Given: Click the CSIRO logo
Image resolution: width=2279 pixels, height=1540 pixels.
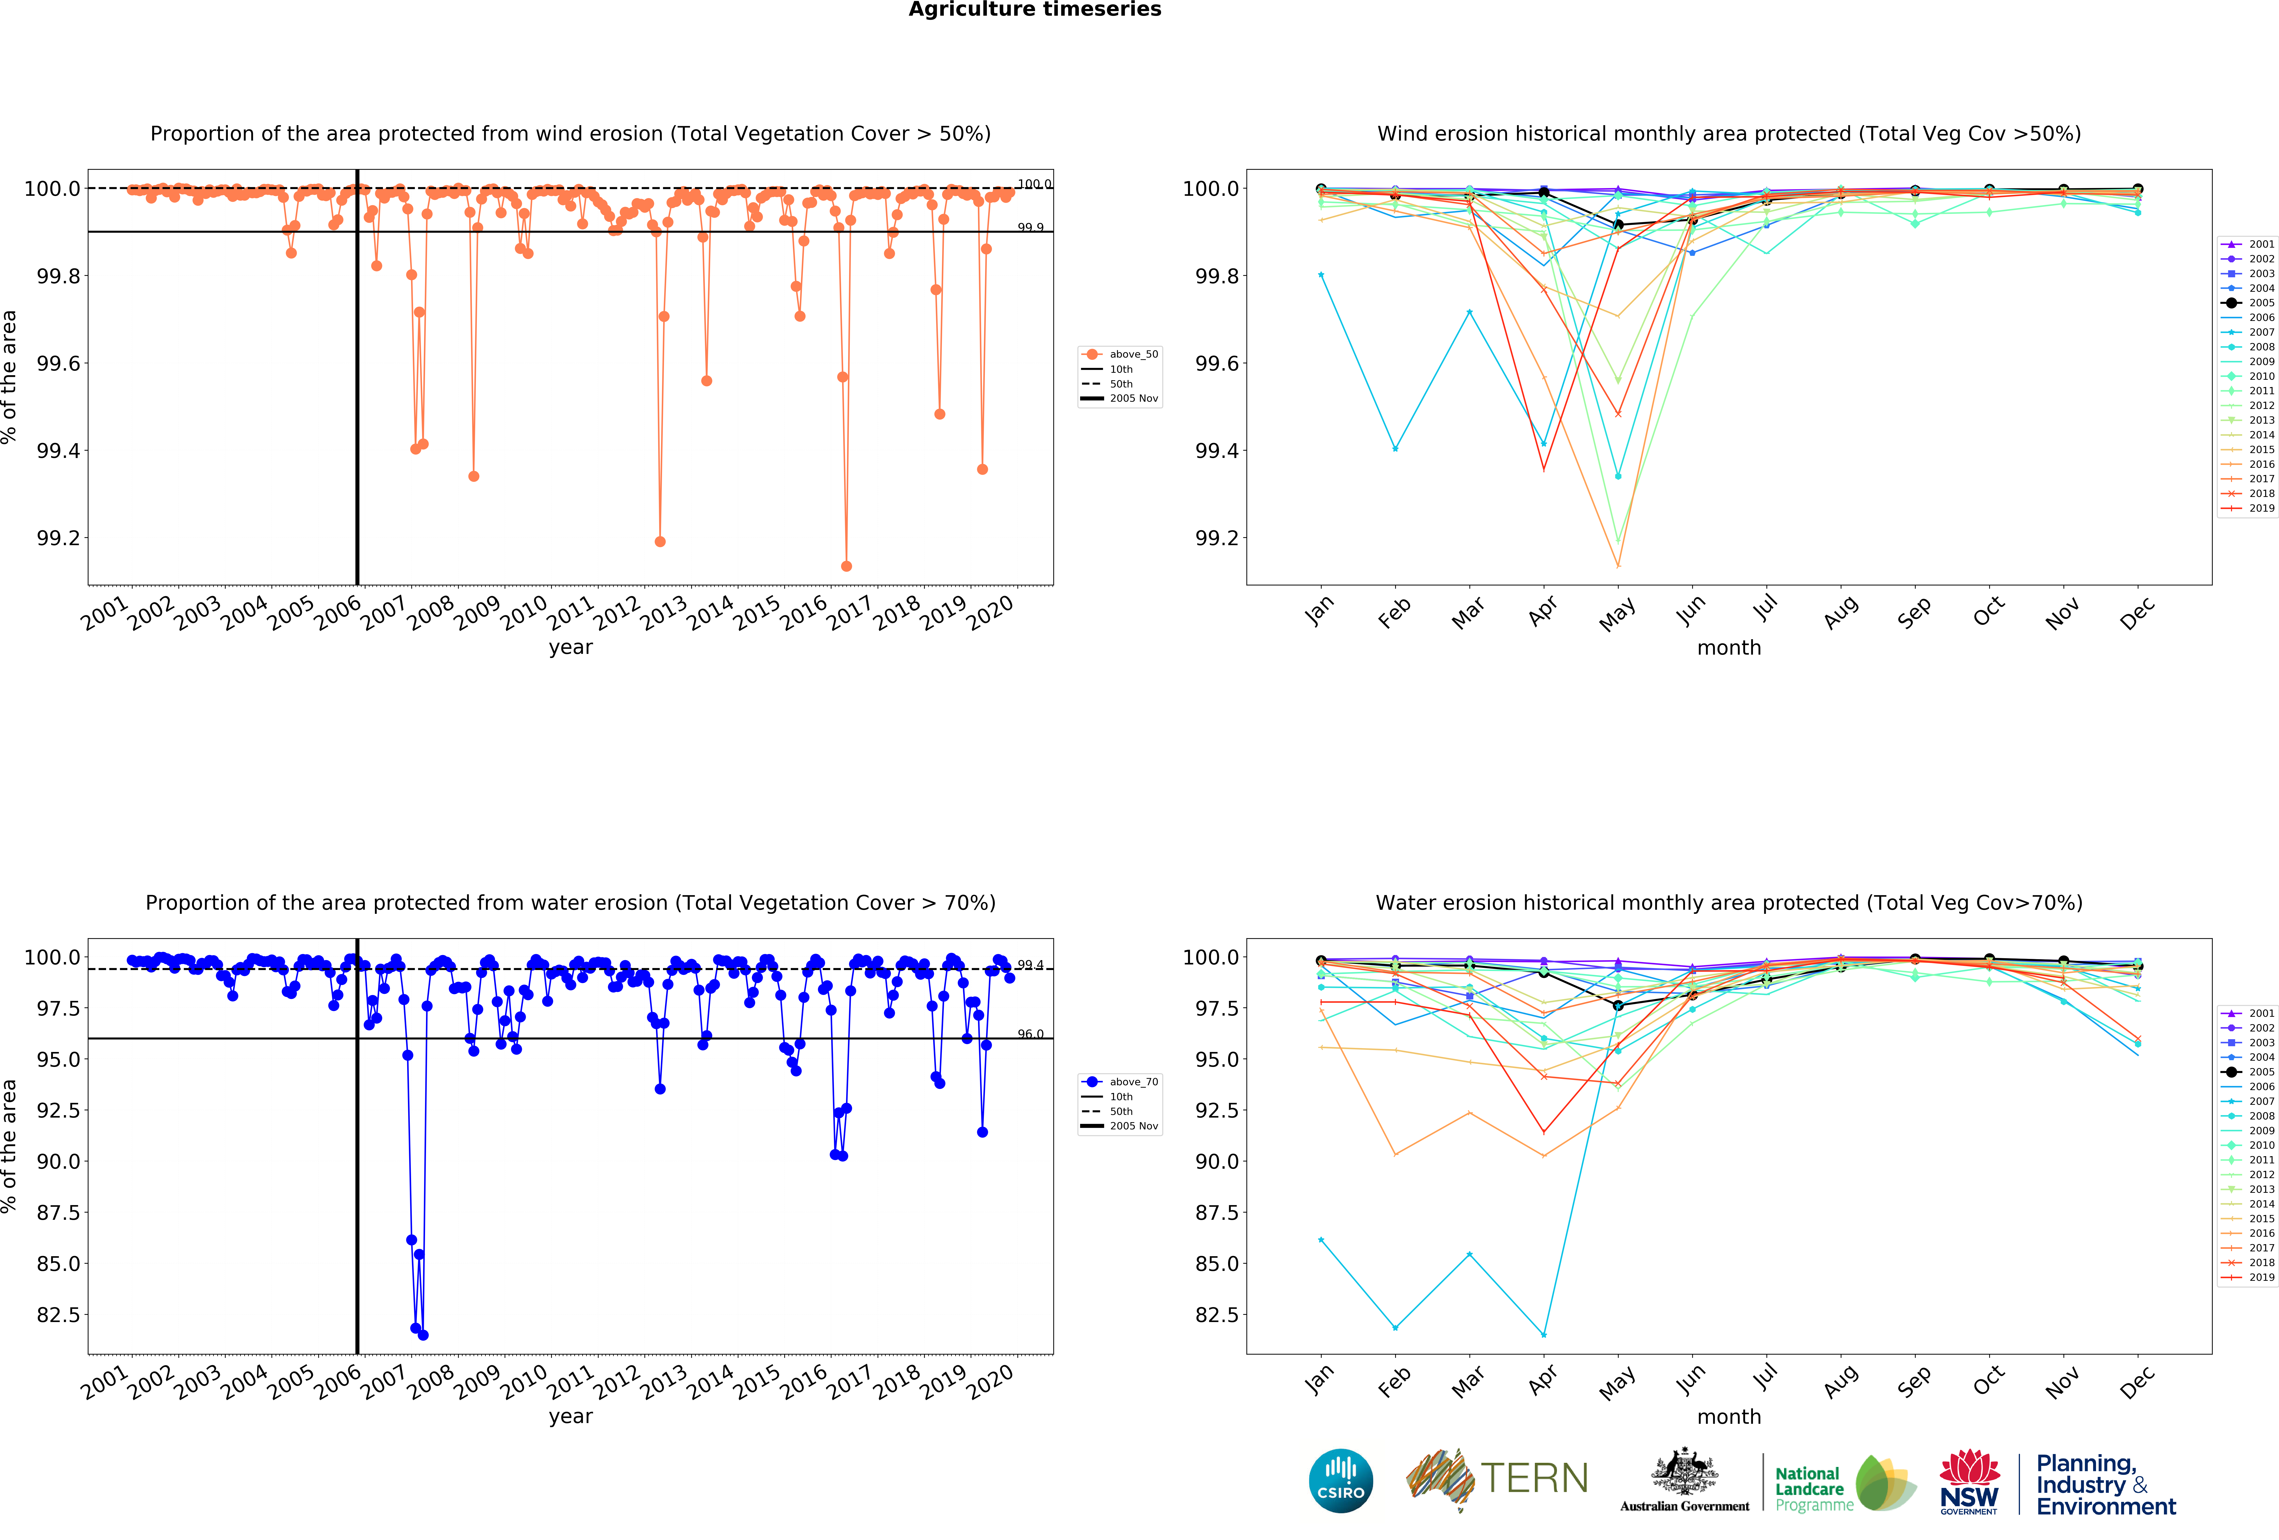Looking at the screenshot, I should coord(1340,1480).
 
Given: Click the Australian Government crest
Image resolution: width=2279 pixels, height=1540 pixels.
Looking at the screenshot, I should coord(1684,1471).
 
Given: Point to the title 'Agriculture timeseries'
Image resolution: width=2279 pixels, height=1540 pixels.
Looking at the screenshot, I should coord(1035,10).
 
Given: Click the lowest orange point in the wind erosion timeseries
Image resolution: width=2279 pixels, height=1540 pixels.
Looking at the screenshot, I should coord(846,566).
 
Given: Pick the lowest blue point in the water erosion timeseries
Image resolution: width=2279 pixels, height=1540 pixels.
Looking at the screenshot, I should coord(423,1335).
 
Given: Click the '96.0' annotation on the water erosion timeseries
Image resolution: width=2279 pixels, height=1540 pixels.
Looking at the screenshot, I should coord(1030,1034).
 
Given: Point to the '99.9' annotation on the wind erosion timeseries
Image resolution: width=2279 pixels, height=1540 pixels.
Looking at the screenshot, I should coord(1030,228).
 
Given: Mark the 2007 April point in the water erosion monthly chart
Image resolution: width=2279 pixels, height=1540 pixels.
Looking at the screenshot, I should coord(1543,1335).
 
